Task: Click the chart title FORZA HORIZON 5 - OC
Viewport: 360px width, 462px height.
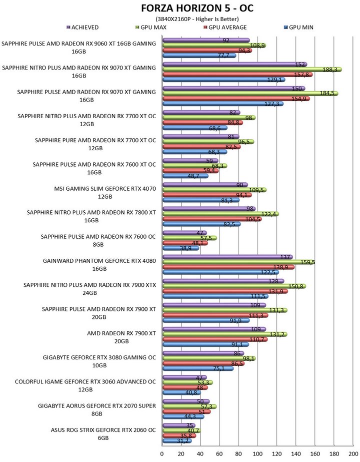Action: tap(180, 9)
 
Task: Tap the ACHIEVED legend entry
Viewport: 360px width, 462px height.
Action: tap(85, 27)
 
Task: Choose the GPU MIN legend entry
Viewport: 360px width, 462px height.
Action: tap(298, 27)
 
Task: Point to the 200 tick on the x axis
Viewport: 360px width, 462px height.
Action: tap(352, 453)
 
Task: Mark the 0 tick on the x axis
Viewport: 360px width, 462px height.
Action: tap(162, 453)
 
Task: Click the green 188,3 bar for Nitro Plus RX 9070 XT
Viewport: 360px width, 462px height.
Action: tap(250, 70)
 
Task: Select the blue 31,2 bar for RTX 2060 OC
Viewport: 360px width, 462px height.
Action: tap(176, 441)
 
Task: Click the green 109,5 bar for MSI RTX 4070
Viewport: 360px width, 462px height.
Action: tap(212, 190)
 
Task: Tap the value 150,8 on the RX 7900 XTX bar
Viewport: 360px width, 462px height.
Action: tap(295, 286)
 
